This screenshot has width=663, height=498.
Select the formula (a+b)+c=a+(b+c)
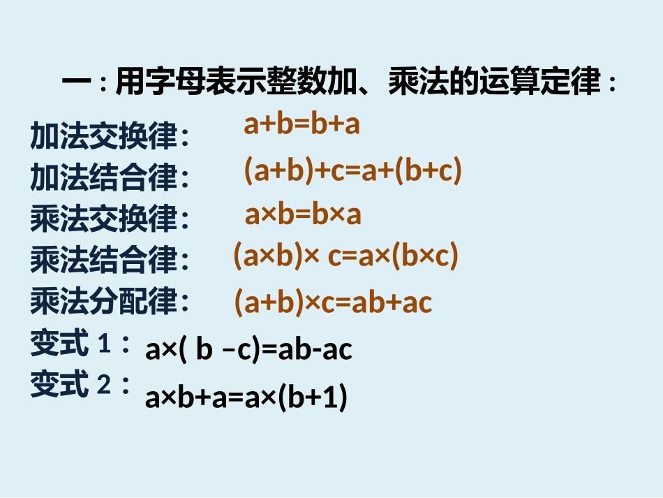tap(352, 171)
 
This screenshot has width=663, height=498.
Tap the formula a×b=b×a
tap(303, 215)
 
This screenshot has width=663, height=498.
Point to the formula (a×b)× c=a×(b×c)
tap(345, 257)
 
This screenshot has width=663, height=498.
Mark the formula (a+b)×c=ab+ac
tap(333, 302)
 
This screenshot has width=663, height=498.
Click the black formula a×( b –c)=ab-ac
tap(248, 350)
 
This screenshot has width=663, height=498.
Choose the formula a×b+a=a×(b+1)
tap(246, 397)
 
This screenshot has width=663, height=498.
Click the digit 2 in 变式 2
tap(104, 386)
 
